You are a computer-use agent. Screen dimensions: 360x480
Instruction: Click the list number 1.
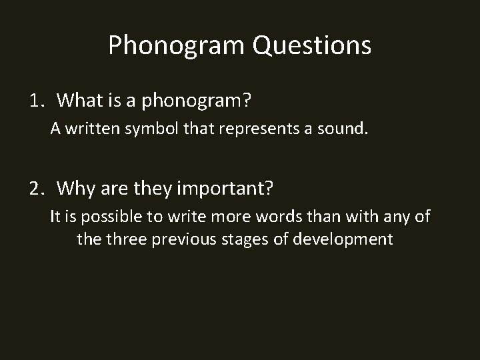click(36, 101)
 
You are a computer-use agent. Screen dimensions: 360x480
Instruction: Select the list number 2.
click(36, 189)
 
